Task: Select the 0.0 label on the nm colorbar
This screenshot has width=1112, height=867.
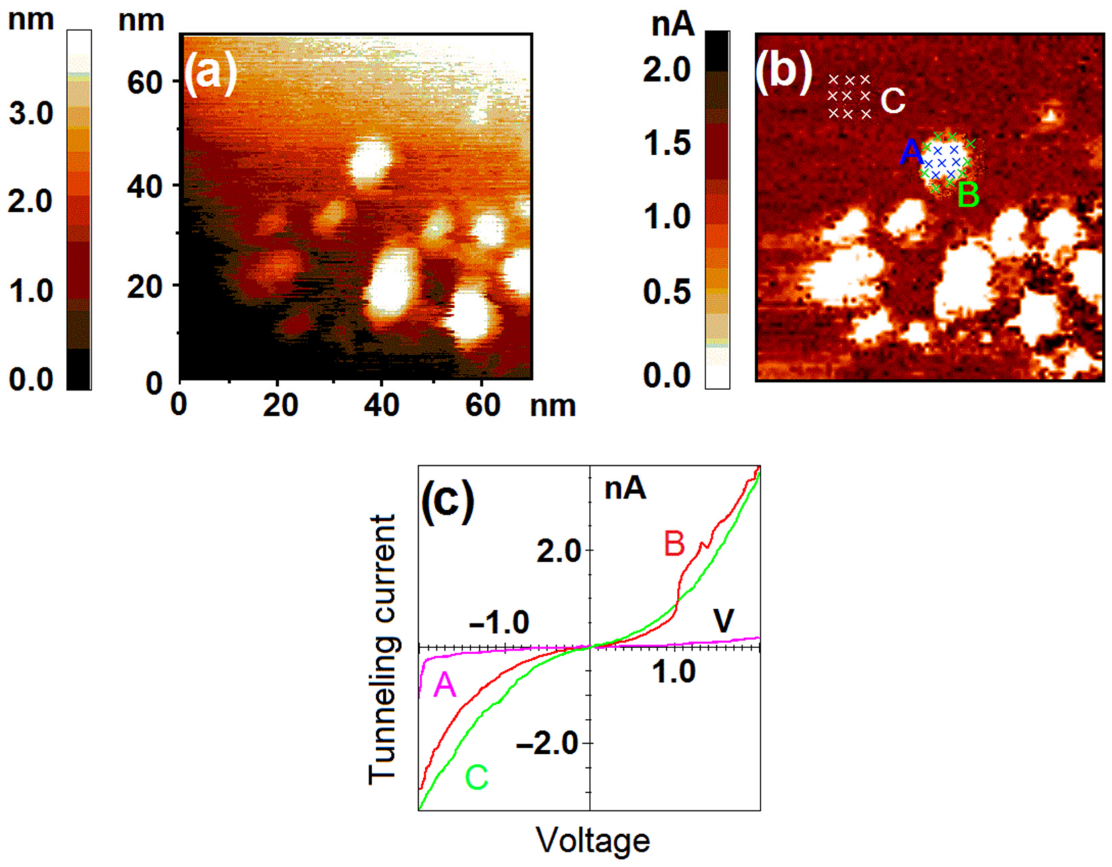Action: point(31,379)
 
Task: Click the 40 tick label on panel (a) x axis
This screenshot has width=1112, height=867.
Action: point(381,407)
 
